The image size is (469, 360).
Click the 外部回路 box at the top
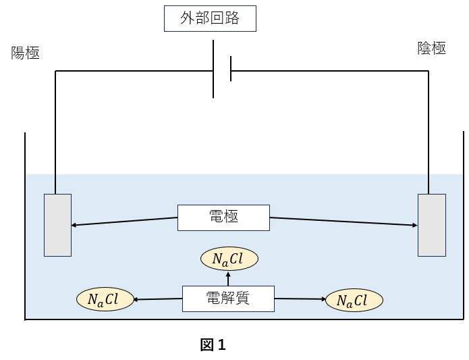[211, 19]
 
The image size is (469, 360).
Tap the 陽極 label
[26, 53]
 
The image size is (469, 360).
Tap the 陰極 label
[433, 49]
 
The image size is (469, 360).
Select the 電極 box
[223, 217]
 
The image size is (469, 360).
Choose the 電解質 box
[229, 299]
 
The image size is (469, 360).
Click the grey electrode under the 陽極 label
[57, 225]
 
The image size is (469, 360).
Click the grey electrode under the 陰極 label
[431, 225]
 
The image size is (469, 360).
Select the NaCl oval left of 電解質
[105, 299]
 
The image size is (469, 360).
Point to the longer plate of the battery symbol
[214, 70]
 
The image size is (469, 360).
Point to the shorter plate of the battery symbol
[231, 70]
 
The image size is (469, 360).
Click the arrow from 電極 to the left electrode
[125, 222]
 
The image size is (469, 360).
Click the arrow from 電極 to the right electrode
[343, 222]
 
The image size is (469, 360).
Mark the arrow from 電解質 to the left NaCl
[159, 299]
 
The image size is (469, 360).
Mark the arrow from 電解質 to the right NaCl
[300, 299]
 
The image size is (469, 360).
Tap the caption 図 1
[213, 345]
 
